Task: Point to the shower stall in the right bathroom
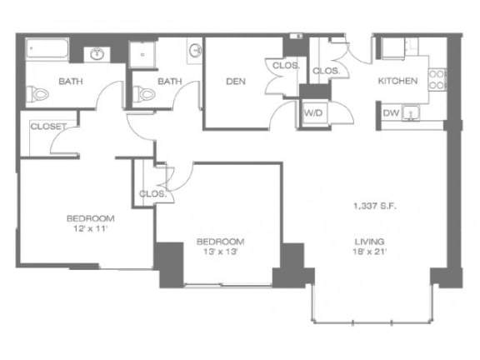click(x=148, y=52)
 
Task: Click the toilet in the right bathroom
click(x=146, y=94)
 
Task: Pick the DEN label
click(x=233, y=81)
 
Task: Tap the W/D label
click(x=313, y=111)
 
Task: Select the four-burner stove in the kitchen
click(x=436, y=79)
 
